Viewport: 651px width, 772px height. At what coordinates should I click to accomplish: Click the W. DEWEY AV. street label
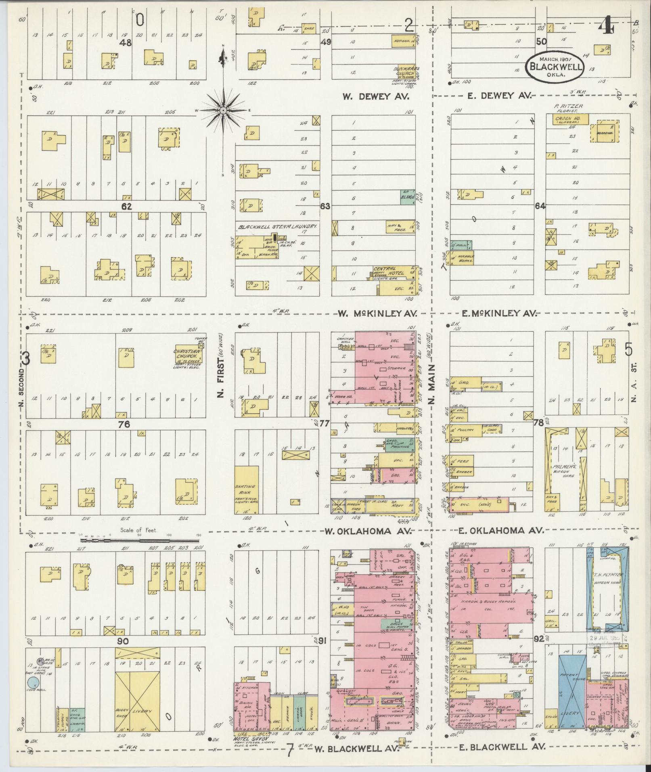[x=376, y=96]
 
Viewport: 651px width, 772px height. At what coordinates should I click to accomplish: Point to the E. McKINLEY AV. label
[x=498, y=313]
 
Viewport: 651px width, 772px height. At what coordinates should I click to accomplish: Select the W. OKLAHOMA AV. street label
[x=367, y=531]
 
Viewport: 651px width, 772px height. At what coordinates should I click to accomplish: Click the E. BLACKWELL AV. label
[x=498, y=747]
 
